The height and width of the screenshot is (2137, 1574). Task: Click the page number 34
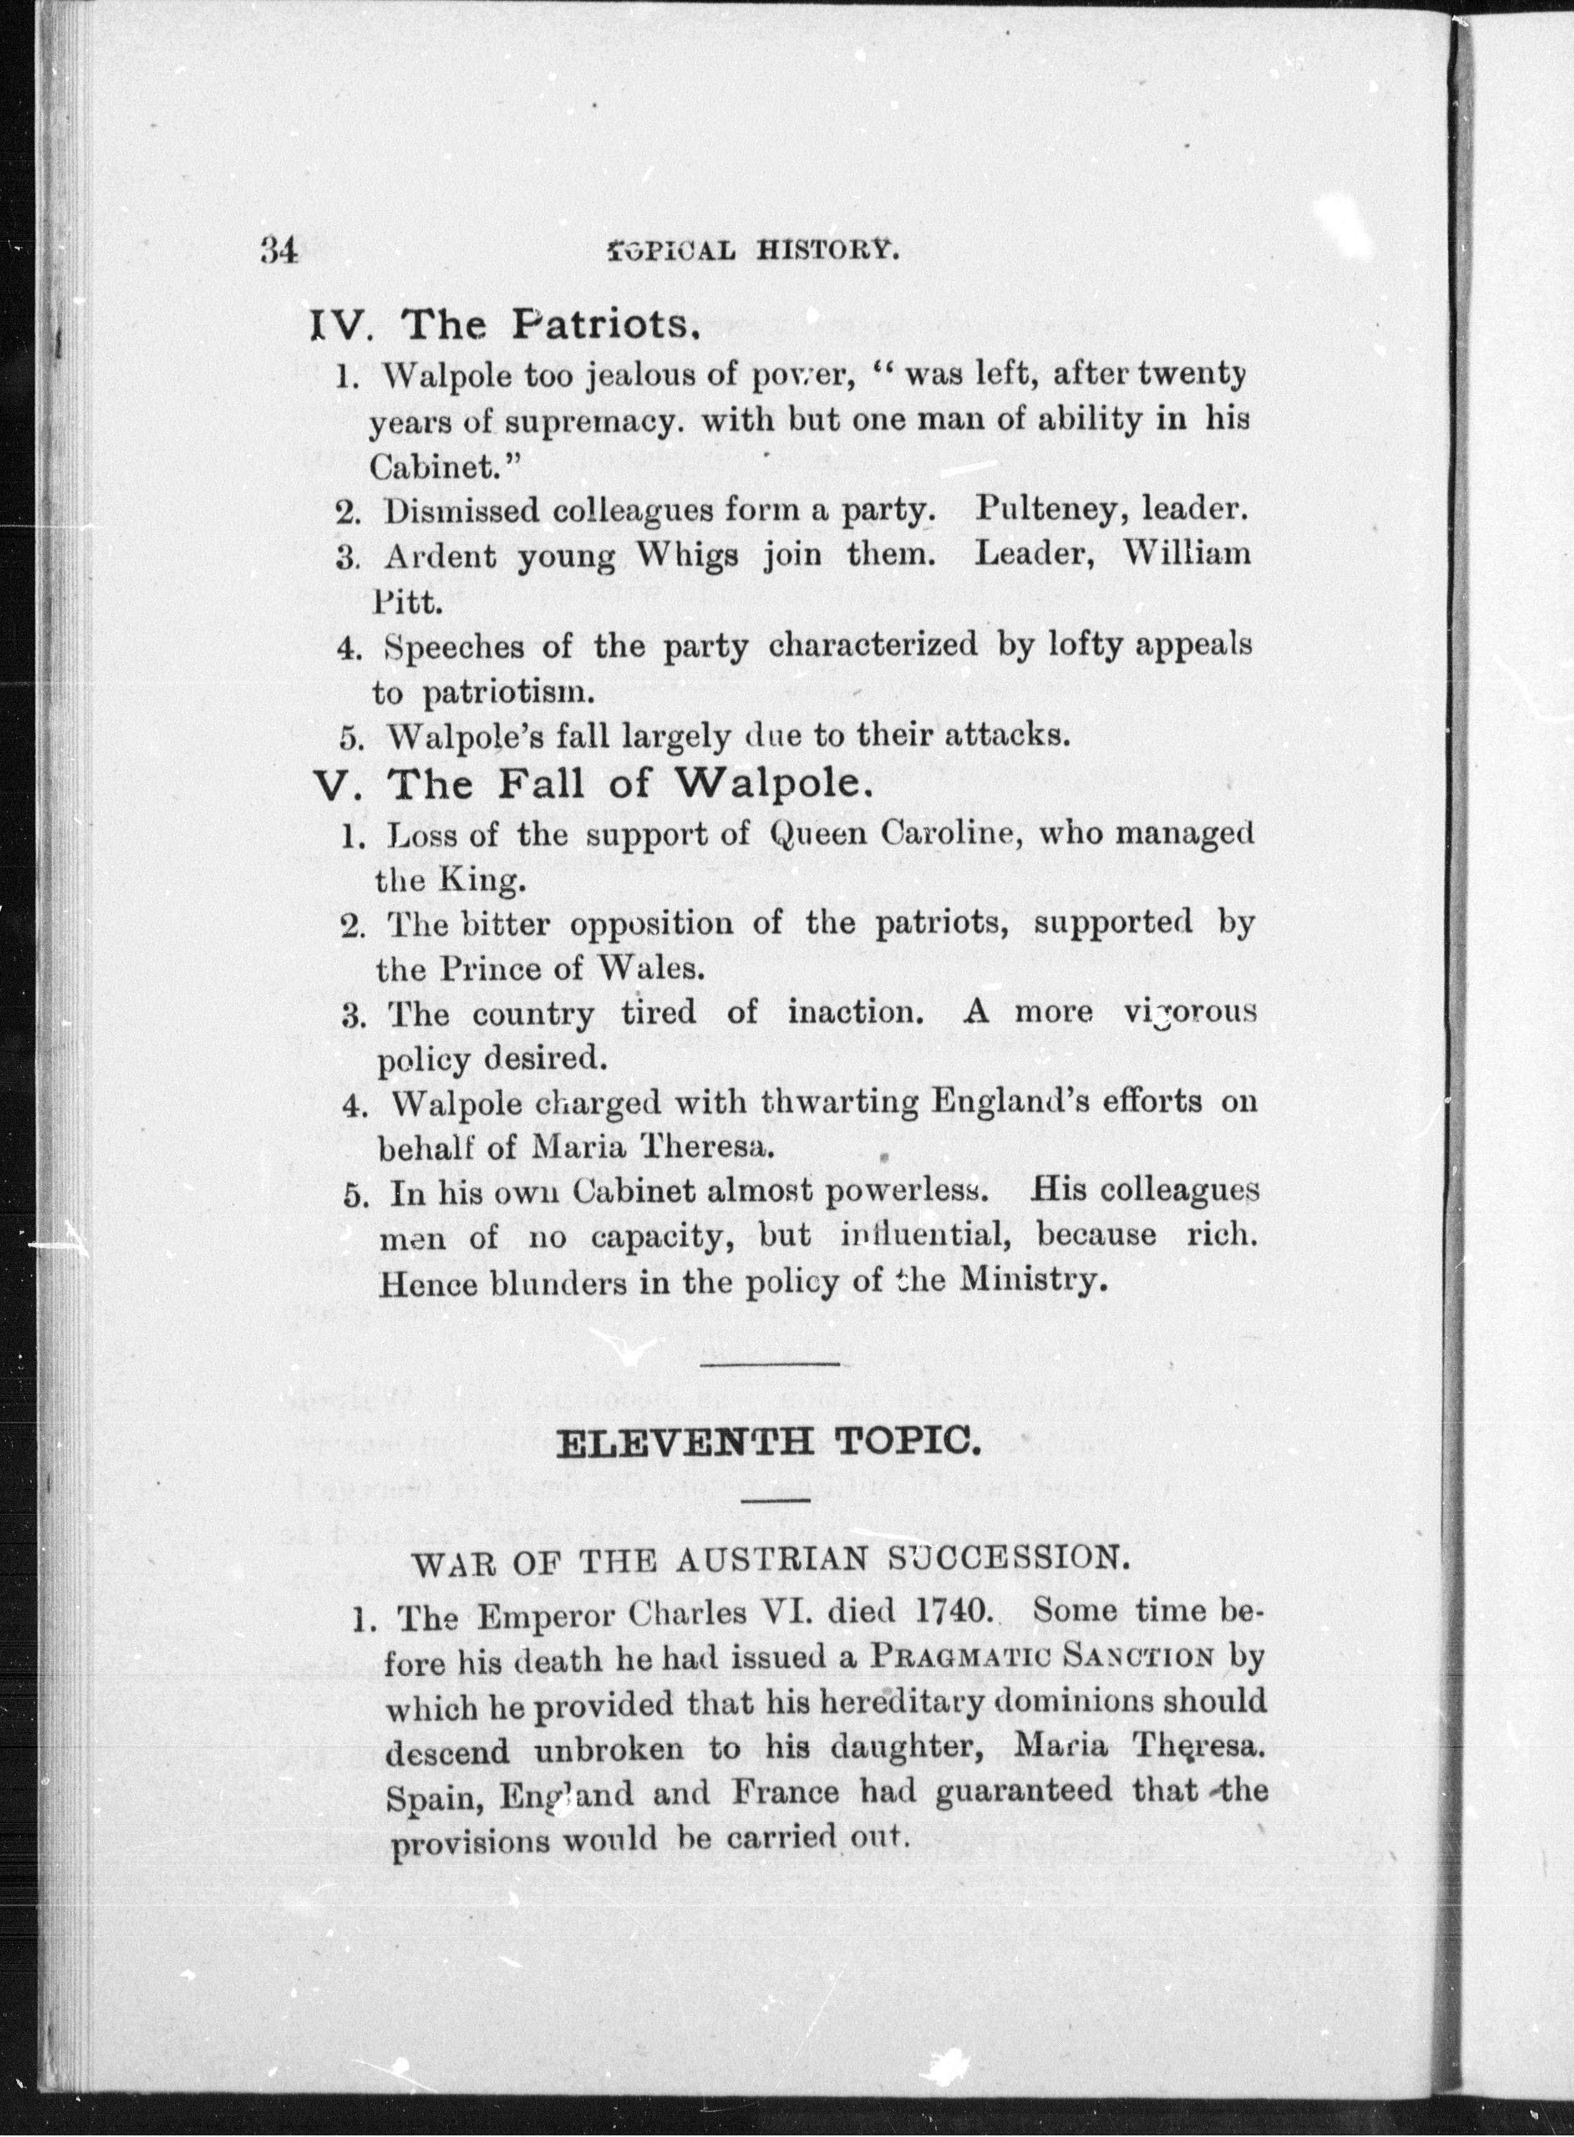279,250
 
